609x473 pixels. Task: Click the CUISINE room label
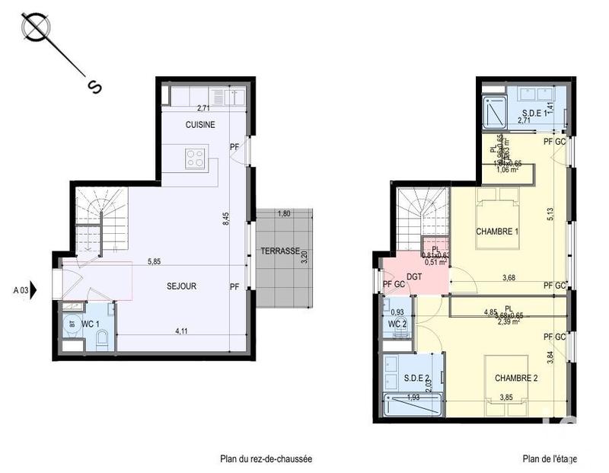pos(200,125)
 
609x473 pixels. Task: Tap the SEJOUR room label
pos(182,286)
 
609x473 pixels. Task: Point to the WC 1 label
pos(91,324)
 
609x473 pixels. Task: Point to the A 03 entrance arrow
pos(26,289)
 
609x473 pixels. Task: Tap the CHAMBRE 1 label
pos(497,232)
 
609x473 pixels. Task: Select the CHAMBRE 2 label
pos(515,379)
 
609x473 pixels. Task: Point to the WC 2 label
pos(397,324)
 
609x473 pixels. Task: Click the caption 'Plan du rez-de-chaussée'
pos(266,459)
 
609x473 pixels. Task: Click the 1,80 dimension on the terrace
pos(284,214)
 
